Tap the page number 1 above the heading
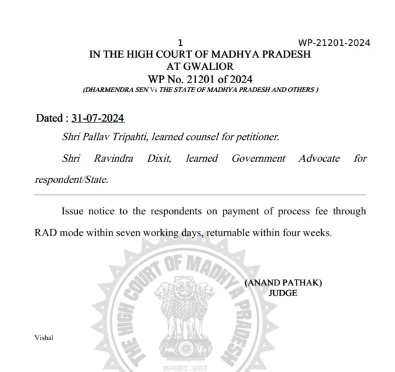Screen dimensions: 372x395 (180, 41)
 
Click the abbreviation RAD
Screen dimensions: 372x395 (47, 233)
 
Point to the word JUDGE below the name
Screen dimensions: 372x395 (283, 292)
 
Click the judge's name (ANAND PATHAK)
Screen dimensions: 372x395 (283, 282)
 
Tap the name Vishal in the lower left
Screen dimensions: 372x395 (44, 337)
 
